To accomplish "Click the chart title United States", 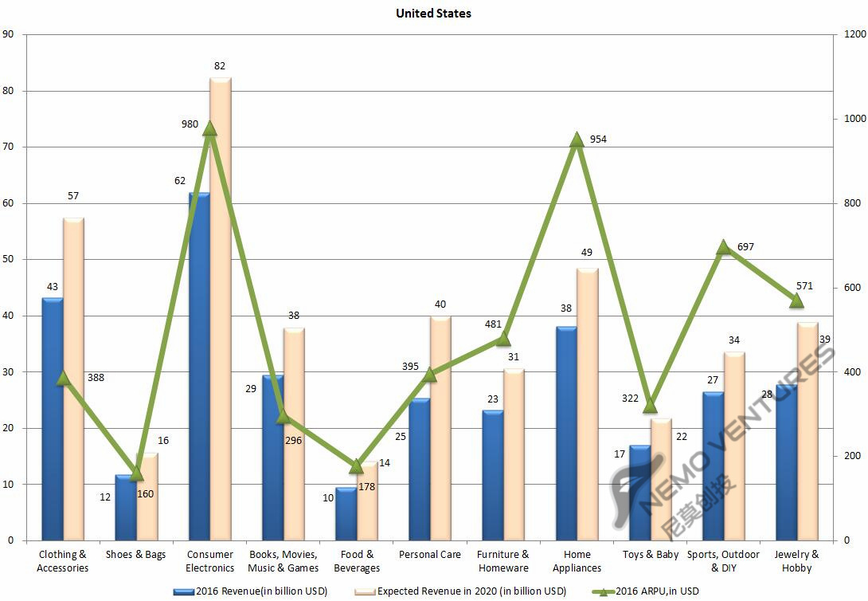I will pyautogui.click(x=433, y=13).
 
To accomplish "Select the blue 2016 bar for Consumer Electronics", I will pyautogui.click(x=199, y=367).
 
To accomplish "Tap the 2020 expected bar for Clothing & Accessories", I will pyautogui.click(x=74, y=379).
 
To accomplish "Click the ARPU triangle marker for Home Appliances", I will pyautogui.click(x=577, y=140).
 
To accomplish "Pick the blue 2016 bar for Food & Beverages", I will pyautogui.click(x=346, y=513).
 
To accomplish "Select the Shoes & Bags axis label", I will pyautogui.click(x=135, y=554).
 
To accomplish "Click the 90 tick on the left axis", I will pyautogui.click(x=9, y=35).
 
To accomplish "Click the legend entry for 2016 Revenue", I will pyautogui.click(x=251, y=591).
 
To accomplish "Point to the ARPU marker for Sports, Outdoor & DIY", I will pyautogui.click(x=723, y=248).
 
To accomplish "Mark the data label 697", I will pyautogui.click(x=745, y=247).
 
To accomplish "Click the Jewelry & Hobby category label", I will pyautogui.click(x=796, y=561).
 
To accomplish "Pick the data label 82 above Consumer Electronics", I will pyautogui.click(x=220, y=65).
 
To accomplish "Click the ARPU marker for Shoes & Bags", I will pyautogui.click(x=136, y=473).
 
